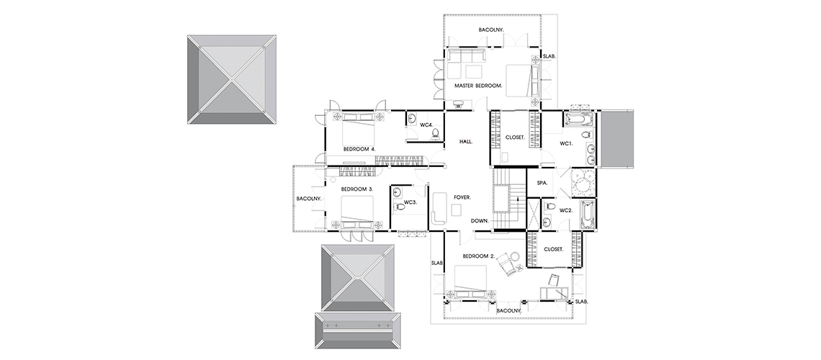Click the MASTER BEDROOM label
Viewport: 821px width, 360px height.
click(479, 85)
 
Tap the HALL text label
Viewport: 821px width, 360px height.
click(466, 142)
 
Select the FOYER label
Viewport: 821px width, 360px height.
click(462, 197)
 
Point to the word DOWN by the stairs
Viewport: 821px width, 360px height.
click(480, 221)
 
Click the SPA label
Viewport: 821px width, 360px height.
click(542, 183)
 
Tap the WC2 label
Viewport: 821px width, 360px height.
click(566, 210)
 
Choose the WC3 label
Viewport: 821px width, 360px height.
click(410, 202)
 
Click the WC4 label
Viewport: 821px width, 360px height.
click(427, 125)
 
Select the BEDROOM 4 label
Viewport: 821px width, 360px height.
click(359, 149)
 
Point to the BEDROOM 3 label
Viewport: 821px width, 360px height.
click(357, 189)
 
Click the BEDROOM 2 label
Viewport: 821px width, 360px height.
click(479, 256)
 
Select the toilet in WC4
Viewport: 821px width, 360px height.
click(435, 135)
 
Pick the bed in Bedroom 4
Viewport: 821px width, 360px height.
click(359, 130)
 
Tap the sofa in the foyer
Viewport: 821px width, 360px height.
click(439, 208)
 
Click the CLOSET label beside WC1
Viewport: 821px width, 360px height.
click(515, 138)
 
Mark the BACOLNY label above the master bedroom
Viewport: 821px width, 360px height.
click(491, 30)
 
